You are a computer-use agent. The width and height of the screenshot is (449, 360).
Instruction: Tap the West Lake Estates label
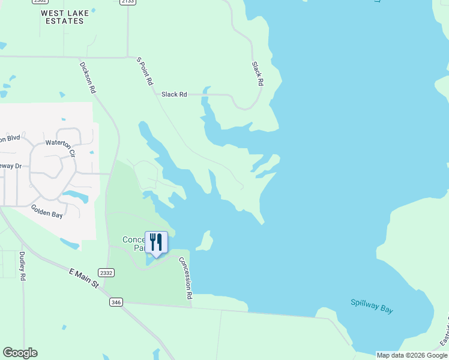[x=62, y=16]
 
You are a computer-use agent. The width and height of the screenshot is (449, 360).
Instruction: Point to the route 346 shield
[x=116, y=302]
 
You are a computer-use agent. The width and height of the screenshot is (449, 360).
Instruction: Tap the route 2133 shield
[x=127, y=2]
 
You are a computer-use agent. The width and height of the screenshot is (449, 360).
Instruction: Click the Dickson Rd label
[x=88, y=77]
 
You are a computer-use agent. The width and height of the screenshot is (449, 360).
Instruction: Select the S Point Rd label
[x=145, y=71]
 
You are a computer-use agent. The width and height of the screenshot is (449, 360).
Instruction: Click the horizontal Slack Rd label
[x=174, y=94]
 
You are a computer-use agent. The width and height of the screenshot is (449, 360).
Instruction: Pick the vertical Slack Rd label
[x=258, y=74]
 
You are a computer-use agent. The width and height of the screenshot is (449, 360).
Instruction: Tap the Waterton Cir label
[x=61, y=148]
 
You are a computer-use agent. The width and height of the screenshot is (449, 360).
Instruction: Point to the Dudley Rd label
[x=22, y=266]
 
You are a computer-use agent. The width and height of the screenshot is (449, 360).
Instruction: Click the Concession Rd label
[x=185, y=281]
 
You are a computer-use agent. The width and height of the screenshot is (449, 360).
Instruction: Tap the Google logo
[x=20, y=353]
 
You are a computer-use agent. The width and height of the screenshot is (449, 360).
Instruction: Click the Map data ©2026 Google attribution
[x=412, y=355]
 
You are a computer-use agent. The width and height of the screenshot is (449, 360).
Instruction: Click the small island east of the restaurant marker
[x=205, y=241]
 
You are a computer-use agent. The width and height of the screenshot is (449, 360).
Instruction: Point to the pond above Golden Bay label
[x=75, y=196]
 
